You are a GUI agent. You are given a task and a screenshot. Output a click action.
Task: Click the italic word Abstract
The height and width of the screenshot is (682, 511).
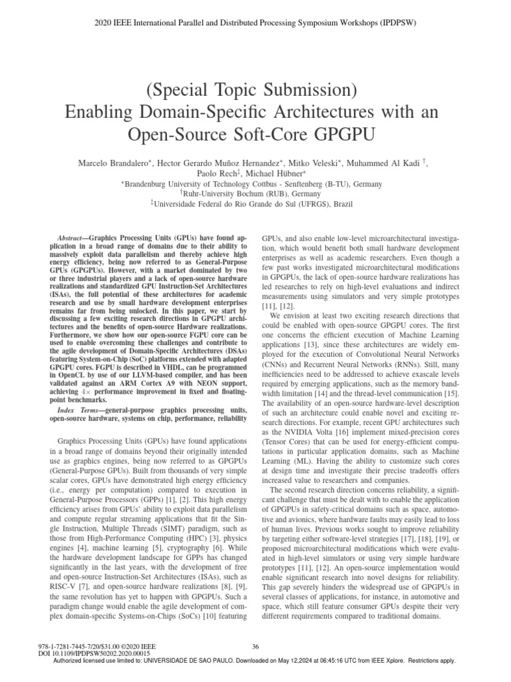click(x=68, y=236)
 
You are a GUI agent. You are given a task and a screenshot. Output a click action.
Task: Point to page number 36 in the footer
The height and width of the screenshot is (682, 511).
click(x=255, y=645)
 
